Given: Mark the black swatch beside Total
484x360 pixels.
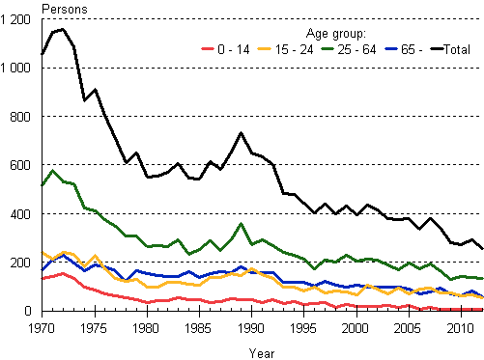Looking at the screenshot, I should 436,48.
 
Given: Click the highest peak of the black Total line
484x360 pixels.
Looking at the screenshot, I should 63,29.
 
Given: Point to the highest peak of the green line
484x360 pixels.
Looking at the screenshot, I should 52,171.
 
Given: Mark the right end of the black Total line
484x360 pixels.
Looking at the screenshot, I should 482,249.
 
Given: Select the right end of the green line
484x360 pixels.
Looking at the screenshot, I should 482,278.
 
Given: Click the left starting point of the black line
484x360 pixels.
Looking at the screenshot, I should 43,55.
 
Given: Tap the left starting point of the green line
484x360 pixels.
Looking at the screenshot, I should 43,184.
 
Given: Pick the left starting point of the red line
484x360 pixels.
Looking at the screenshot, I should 43,278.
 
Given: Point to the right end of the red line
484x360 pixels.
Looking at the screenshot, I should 482,309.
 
